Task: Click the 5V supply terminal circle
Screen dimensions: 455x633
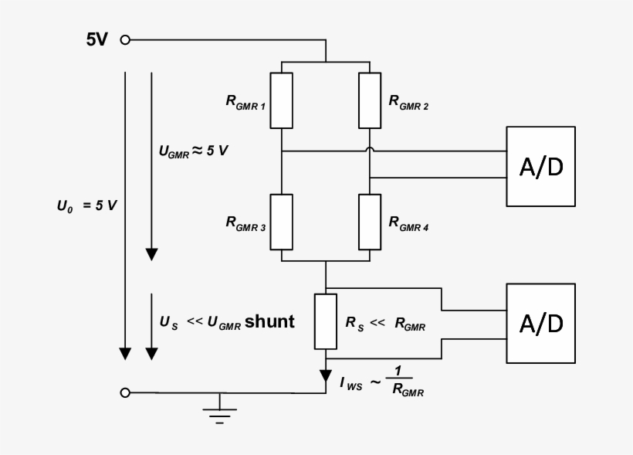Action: [x=125, y=40]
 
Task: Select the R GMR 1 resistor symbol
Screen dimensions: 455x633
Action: [x=282, y=100]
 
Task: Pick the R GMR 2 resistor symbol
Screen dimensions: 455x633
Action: [x=371, y=100]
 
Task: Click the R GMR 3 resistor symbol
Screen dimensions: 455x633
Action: [x=282, y=222]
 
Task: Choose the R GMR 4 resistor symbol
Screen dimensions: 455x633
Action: [x=371, y=222]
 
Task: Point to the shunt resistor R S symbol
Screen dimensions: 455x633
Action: [x=326, y=321]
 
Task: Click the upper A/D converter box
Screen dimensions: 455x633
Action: [x=540, y=166]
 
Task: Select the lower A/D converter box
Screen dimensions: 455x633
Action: [x=540, y=323]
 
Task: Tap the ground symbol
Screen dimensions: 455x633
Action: [x=220, y=412]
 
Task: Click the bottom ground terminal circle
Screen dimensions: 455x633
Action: [x=125, y=393]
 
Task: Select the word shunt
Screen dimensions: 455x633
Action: [x=269, y=321]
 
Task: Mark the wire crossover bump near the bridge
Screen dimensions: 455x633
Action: [x=371, y=151]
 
